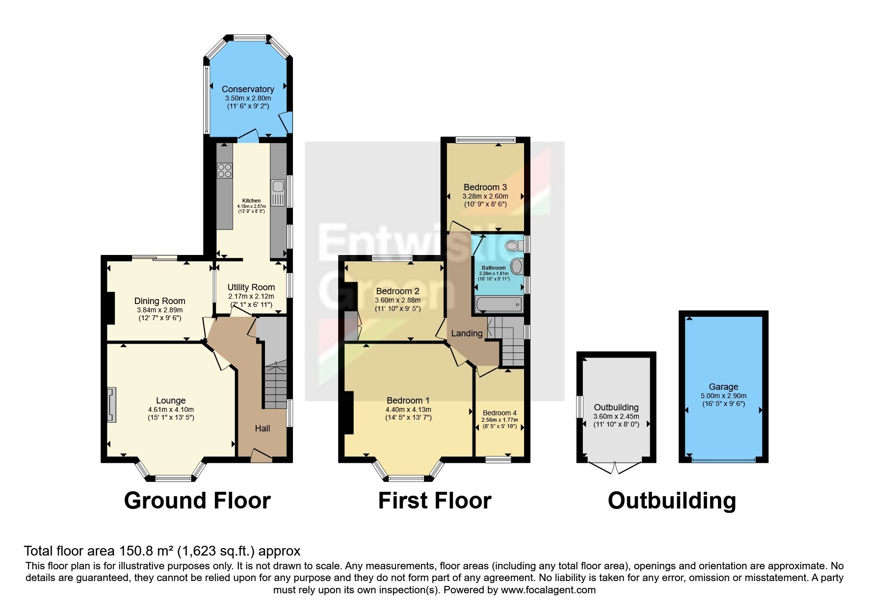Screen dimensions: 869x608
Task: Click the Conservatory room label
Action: click(248, 89)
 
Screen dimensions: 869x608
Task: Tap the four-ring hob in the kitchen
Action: click(225, 171)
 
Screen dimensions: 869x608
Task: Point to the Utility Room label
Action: click(251, 287)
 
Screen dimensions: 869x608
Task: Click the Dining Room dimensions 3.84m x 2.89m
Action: click(160, 310)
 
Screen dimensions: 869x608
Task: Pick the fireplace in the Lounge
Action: click(112, 405)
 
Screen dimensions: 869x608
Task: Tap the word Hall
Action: click(263, 428)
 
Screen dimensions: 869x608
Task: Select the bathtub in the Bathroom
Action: click(499, 304)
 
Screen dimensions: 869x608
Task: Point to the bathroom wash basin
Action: click(517, 266)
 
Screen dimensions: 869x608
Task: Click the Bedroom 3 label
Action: click(485, 187)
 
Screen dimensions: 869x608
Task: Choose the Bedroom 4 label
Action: click(500, 413)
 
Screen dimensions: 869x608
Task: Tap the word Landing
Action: click(467, 333)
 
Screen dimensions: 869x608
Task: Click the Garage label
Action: click(723, 387)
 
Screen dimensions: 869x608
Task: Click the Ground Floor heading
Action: click(197, 501)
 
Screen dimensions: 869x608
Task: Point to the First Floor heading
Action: click(435, 501)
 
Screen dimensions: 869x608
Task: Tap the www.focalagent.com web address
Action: click(548, 590)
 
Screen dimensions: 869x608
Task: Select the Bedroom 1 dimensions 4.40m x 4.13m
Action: click(408, 409)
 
